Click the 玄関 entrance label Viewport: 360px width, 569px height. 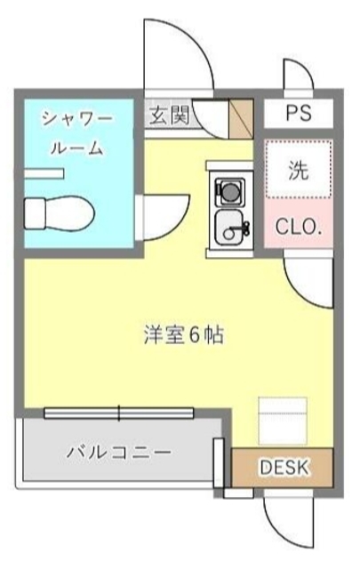tap(168, 115)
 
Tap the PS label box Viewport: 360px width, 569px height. tap(299, 114)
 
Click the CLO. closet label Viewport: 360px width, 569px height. tap(299, 226)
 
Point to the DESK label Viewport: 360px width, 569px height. tap(284, 467)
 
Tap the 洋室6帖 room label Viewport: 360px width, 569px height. tap(184, 336)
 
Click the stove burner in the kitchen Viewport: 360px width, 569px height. tap(229, 190)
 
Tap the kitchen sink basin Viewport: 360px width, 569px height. tap(231, 229)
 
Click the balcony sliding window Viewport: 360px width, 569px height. tap(119, 412)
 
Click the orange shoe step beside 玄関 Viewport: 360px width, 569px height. tap(242, 119)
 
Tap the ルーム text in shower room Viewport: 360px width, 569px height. tap(76, 148)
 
